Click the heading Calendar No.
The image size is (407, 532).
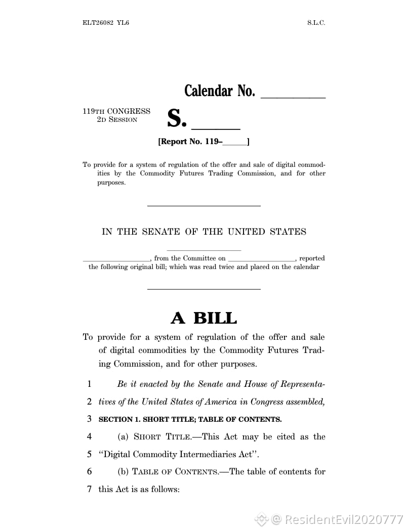219,91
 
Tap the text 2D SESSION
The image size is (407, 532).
117,120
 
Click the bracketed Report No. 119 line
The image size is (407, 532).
203,142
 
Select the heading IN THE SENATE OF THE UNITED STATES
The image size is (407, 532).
204,232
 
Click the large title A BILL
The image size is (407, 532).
203,318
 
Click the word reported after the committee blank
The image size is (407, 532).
312,258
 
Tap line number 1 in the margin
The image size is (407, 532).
89,384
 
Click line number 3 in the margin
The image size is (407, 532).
89,419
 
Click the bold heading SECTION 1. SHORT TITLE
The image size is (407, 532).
190,419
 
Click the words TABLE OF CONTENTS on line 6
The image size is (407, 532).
175,472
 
